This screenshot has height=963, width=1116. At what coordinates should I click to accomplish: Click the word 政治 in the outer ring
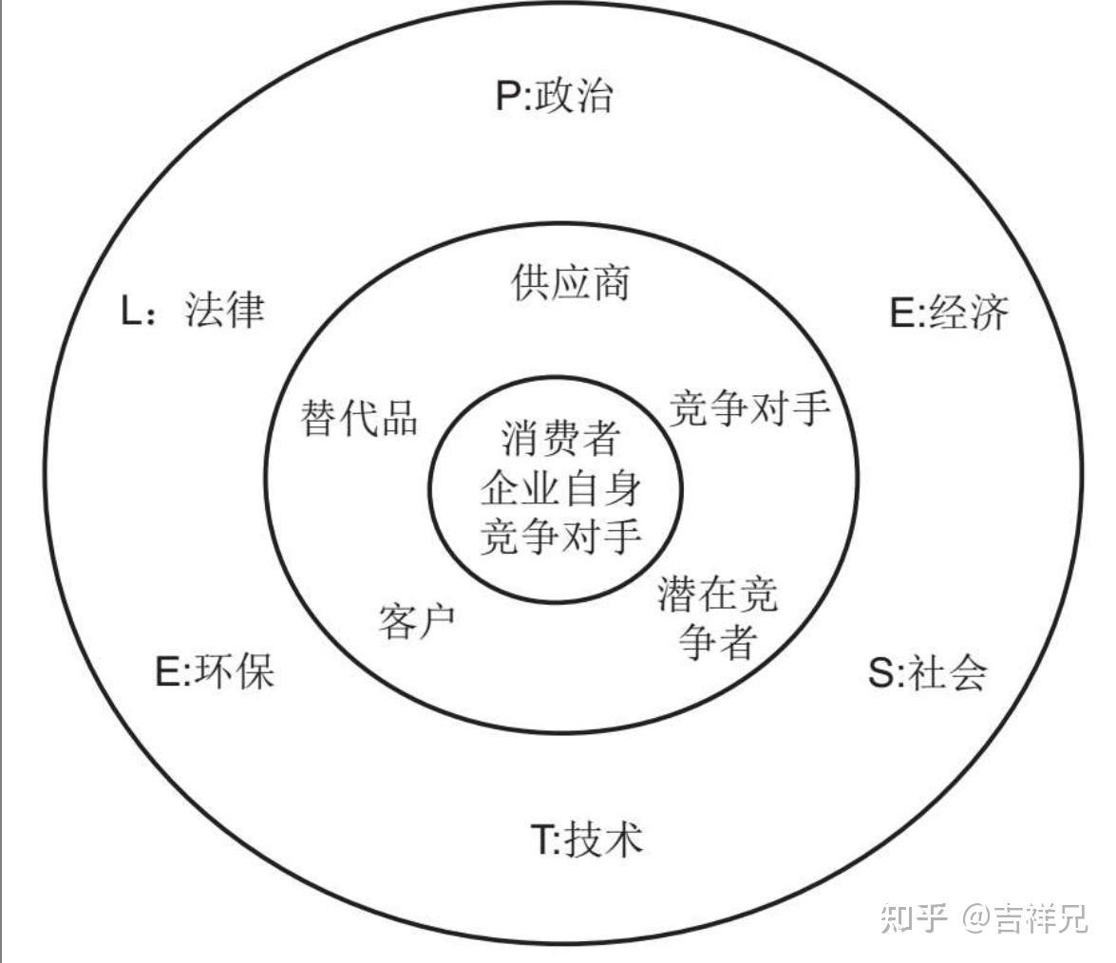574,97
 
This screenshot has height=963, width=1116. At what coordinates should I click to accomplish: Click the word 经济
967,313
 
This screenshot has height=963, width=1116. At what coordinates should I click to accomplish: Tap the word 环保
235,671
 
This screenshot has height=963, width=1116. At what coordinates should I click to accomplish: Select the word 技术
603,840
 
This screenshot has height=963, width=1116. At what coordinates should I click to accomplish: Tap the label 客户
417,620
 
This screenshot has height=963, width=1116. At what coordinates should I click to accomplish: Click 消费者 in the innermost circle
560,440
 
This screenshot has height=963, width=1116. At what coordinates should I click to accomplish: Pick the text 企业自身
560,490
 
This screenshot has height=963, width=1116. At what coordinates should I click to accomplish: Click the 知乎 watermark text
915,917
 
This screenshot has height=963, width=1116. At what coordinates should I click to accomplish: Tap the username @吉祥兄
1025,917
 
